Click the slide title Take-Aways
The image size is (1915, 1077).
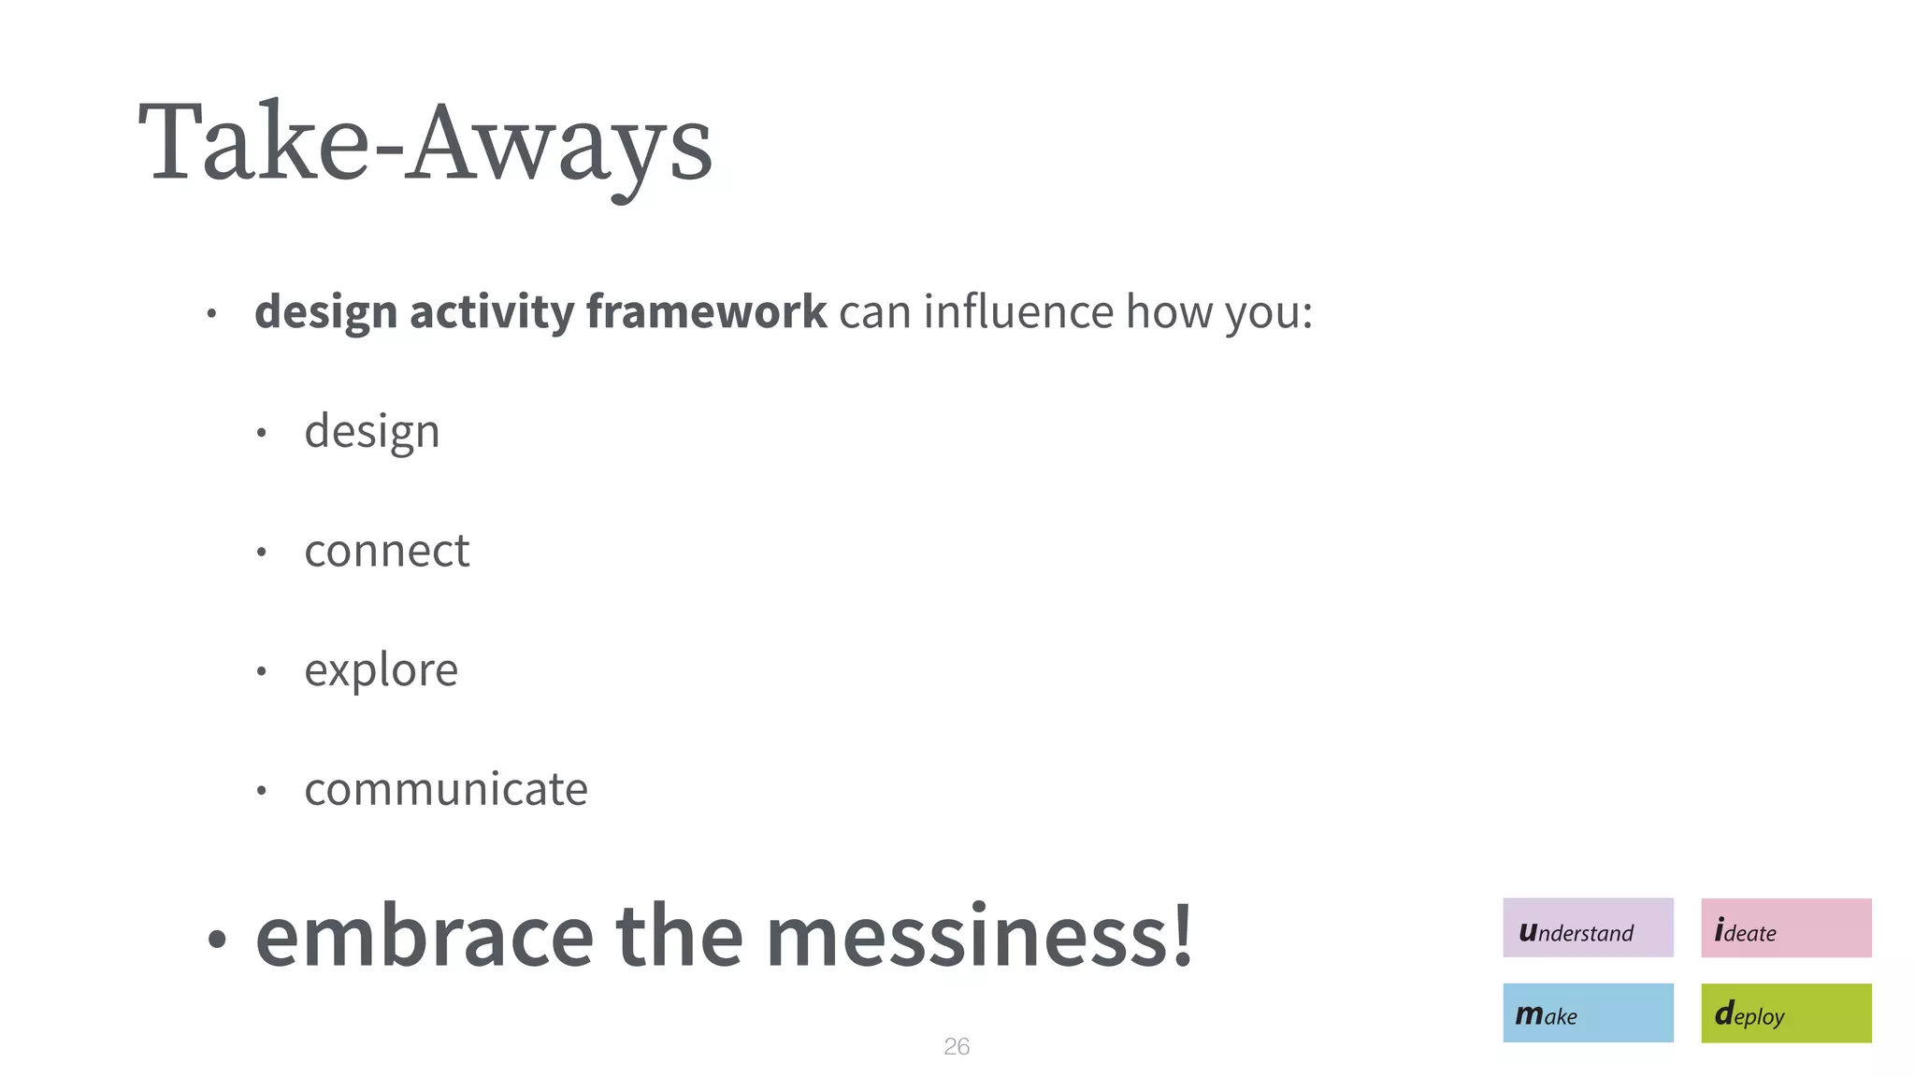(425, 143)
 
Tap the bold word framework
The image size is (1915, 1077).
(706, 311)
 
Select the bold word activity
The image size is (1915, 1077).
(492, 311)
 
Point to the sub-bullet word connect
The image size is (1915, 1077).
(386, 551)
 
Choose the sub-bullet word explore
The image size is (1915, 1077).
(381, 670)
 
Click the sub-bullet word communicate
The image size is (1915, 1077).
(446, 789)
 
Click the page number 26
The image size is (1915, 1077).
(957, 1046)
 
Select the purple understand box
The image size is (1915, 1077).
(1588, 927)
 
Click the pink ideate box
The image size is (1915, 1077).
(1786, 927)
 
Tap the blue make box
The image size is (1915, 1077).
(1588, 1012)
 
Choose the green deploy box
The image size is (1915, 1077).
(1786, 1012)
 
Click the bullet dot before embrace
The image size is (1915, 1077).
(217, 940)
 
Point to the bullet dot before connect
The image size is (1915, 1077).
(262, 553)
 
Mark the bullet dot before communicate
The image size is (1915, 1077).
(262, 792)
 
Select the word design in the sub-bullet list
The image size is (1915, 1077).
(371, 432)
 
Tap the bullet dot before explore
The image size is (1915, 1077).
(262, 671)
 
